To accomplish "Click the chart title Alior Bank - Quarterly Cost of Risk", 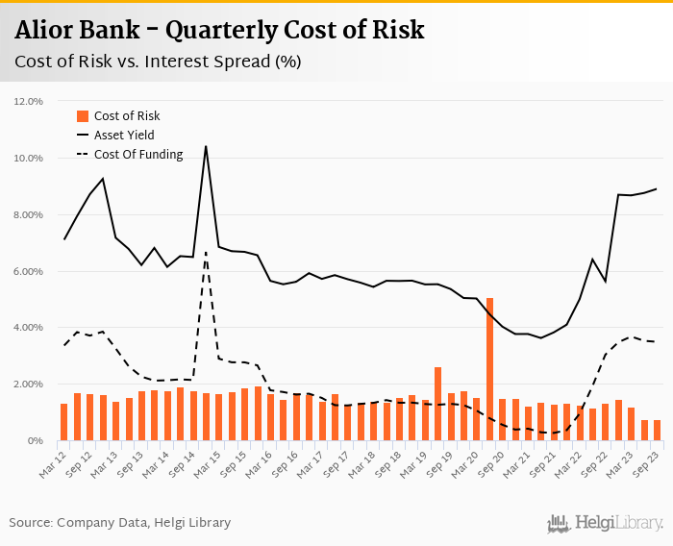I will click(x=219, y=30).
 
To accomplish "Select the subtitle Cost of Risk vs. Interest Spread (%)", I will click(x=158, y=62).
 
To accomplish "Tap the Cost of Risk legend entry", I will click(x=126, y=115).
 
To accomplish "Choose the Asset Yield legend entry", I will click(x=123, y=135).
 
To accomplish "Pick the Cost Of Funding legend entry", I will click(x=137, y=154).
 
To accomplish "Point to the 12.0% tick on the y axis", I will click(x=28, y=101).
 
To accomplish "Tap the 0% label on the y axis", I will click(x=37, y=441).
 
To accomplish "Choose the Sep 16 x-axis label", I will click(x=288, y=459).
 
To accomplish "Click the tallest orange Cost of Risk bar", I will click(x=489, y=369).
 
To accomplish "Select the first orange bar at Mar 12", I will click(x=63, y=422).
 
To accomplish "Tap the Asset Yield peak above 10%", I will click(x=206, y=147).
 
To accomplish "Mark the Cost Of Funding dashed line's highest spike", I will click(x=206, y=253).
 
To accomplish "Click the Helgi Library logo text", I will click(x=619, y=523).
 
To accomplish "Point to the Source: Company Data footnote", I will click(x=120, y=523).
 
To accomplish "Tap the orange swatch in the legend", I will click(x=83, y=115).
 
